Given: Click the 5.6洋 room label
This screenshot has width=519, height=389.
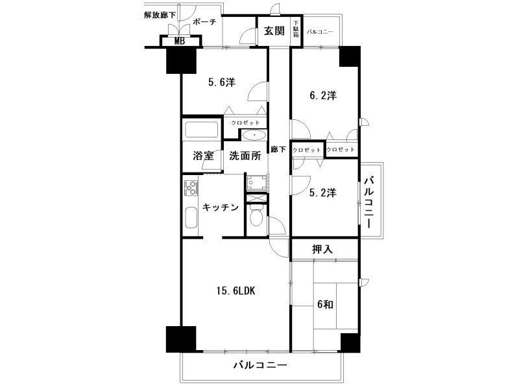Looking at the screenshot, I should pos(221,82).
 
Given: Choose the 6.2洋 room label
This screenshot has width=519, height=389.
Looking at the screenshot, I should pos(322,95).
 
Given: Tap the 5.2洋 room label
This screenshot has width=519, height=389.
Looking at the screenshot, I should pos(322,193).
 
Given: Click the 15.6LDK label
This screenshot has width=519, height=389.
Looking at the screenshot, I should pos(235,291).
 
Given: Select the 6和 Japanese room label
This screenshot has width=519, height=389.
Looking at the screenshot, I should pos(326,303).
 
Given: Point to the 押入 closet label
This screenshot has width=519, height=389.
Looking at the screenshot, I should pos(323,248).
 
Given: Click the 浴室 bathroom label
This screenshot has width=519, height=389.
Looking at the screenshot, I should pos(203,156).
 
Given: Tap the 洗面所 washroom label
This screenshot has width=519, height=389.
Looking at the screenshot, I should pos(245,156).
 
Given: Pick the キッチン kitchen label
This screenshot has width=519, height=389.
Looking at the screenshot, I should pos(221,207).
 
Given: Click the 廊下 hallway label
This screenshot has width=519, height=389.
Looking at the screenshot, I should pos(278,150).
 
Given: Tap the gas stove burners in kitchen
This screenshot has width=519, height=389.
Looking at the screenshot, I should pos(192,189).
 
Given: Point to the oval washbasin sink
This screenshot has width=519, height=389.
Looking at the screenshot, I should pos(254,136).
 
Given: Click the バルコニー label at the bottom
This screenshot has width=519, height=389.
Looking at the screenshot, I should pos(260,366).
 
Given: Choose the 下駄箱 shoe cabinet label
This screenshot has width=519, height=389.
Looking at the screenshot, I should pos(296,30).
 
